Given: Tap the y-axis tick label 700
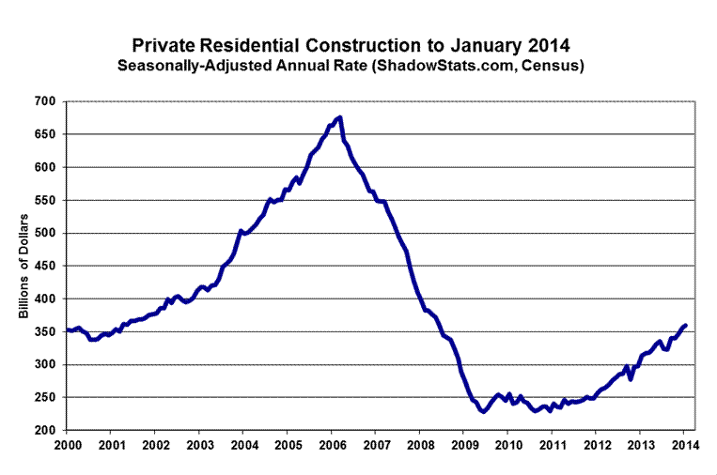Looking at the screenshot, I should point(46,101).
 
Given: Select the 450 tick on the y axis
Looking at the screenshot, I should point(46,266).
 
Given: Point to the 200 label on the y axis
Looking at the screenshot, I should point(46,431).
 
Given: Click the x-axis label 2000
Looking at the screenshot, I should point(68,445).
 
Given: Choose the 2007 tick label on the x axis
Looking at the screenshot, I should point(377,445).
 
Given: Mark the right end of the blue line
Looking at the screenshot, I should point(686,325).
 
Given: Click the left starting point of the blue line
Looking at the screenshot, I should point(69,329).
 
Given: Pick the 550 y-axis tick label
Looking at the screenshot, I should point(46,200).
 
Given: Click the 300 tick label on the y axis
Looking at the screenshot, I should point(46,365).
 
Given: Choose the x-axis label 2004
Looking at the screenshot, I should point(244,445).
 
